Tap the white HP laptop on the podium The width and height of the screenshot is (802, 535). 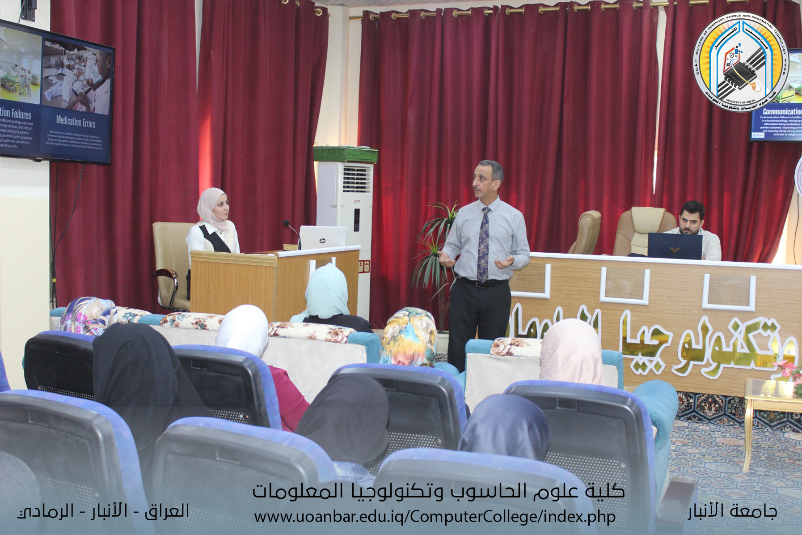point(323,238)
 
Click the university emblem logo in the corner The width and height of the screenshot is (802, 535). point(740,62)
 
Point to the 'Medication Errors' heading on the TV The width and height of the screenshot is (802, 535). point(76,121)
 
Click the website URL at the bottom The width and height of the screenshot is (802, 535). point(435,517)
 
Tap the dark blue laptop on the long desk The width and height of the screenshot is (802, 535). point(675,246)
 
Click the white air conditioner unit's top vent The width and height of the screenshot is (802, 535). point(357,178)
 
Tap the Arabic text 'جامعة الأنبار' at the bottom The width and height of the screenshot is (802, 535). point(732,511)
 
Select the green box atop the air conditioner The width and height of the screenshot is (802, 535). point(346,154)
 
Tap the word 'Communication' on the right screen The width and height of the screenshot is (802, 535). point(782,111)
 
